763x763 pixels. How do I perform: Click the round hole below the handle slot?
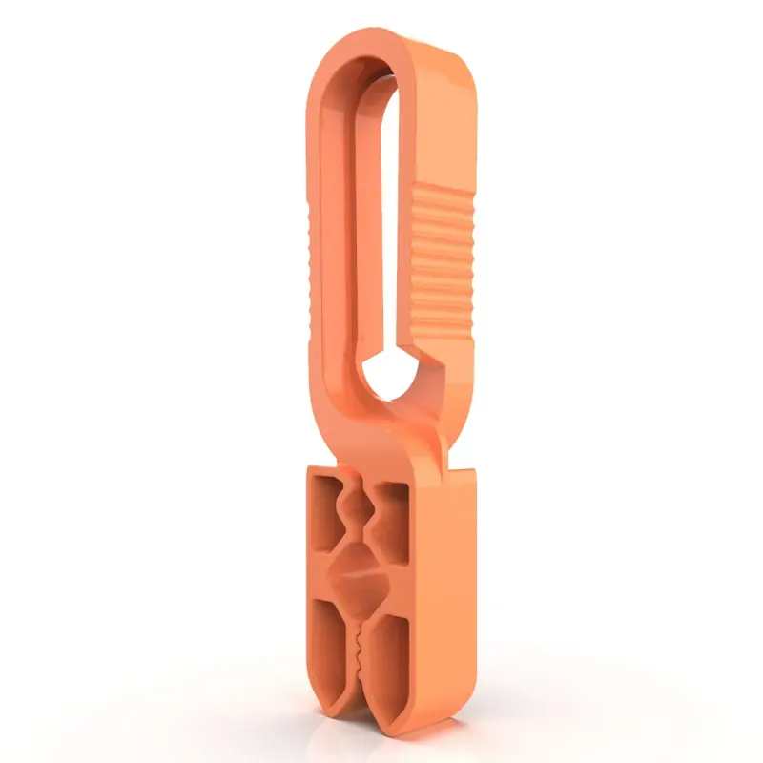389,375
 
